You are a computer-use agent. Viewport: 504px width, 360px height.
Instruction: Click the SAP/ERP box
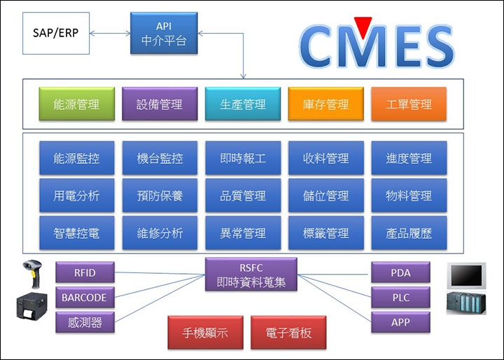point(56,33)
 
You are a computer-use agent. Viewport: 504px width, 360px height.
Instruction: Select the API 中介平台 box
point(164,33)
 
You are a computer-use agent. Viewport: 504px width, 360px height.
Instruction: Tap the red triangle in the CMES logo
point(363,27)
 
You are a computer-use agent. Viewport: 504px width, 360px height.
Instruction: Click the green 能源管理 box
point(77,104)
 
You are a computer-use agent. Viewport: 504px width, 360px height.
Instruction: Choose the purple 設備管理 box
point(160,104)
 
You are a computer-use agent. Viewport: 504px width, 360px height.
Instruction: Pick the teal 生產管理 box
point(243,104)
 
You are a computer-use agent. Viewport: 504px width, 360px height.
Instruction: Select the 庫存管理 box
point(326,104)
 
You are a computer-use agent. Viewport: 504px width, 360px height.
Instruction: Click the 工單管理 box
point(409,104)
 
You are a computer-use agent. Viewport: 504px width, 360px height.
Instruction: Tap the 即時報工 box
point(243,158)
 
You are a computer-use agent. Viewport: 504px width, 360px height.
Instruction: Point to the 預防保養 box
point(160,195)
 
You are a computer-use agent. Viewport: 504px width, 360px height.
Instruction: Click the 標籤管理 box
point(326,233)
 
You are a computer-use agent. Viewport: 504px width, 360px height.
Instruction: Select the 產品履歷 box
point(409,233)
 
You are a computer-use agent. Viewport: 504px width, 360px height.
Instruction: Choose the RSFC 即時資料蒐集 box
point(251,275)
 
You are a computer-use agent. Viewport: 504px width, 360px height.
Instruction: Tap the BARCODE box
point(85,297)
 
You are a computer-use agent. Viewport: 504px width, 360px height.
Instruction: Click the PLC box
point(400,297)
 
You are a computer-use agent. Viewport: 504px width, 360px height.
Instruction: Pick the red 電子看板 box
point(288,332)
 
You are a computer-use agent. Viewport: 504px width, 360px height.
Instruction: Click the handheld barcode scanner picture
point(33,273)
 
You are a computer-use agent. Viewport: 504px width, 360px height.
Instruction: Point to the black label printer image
point(31,306)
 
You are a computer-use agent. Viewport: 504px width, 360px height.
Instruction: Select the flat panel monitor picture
point(466,276)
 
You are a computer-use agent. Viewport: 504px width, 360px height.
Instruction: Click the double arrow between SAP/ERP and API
point(110,33)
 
